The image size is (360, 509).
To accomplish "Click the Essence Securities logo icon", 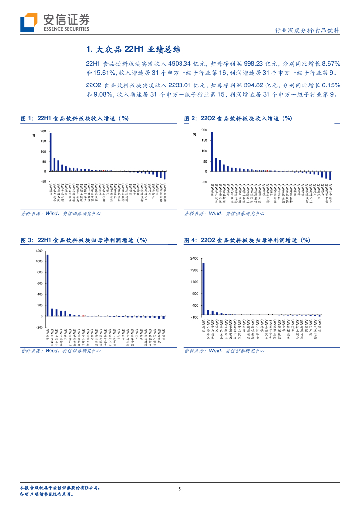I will click(29, 22).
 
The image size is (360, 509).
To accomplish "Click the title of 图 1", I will click(75, 118).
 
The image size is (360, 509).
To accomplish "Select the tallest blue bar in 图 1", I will click(51, 152).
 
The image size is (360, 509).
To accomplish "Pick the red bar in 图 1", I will click(103, 171).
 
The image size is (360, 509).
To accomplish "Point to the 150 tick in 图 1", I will click(43, 142).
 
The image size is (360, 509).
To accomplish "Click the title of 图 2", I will click(238, 118).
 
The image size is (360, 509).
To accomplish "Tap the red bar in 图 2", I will click(268, 171).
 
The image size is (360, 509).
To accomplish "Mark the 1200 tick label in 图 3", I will click(39, 250).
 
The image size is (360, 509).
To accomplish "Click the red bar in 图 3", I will click(83, 316).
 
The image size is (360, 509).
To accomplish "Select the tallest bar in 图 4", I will click(203, 289).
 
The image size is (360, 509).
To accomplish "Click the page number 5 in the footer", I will click(180, 489).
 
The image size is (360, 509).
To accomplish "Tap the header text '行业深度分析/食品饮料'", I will click(307, 30).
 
